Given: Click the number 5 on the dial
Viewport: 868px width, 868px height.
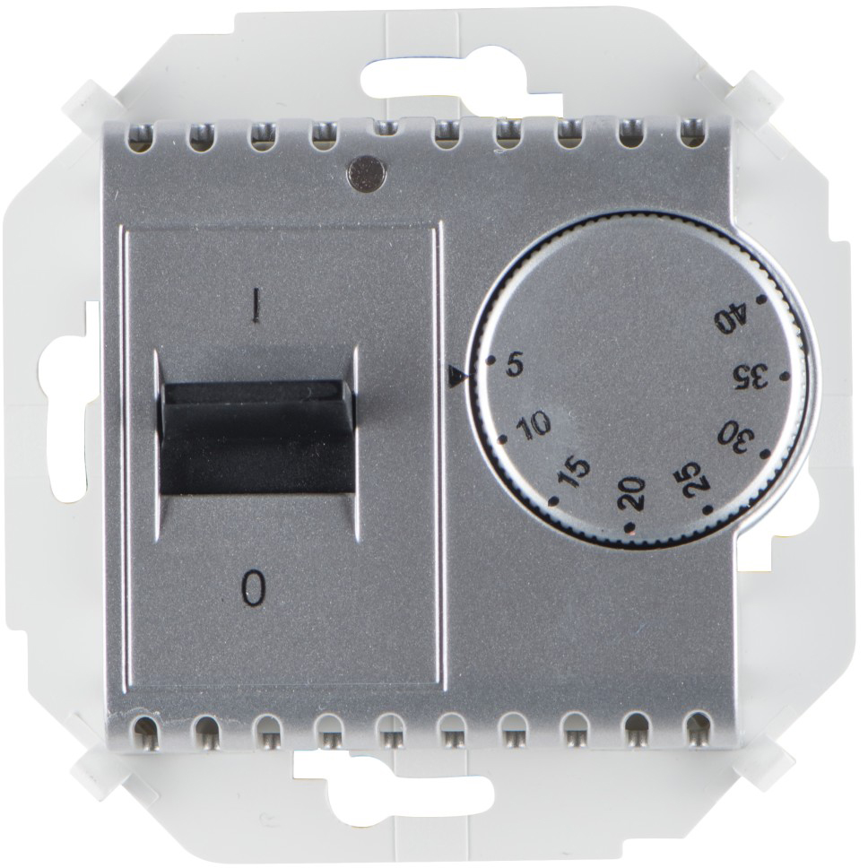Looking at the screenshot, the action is click(515, 366).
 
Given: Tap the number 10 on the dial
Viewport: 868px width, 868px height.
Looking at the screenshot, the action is click(534, 425).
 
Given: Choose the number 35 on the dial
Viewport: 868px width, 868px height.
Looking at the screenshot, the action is click(751, 377).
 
